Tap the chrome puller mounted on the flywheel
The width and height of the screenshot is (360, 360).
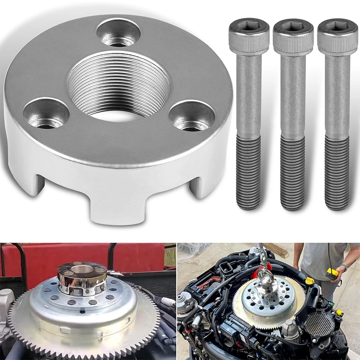[x=82, y=277]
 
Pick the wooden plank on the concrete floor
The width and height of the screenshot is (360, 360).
[x=275, y=250]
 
